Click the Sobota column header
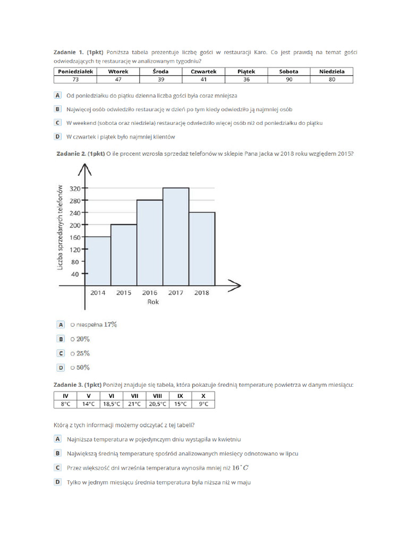click(x=289, y=71)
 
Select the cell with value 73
click(x=75, y=79)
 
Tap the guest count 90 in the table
click(x=289, y=79)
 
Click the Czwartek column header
click(x=203, y=71)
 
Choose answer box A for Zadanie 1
click(x=57, y=96)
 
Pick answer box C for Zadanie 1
click(x=57, y=123)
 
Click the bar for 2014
click(x=98, y=260)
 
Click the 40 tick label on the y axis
click(x=75, y=274)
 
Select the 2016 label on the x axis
click(x=149, y=293)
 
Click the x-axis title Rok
click(x=153, y=302)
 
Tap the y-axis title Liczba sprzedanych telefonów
click(x=60, y=227)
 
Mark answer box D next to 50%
click(x=61, y=368)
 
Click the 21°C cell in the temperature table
click(x=134, y=404)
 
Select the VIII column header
click(x=157, y=396)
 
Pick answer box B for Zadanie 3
click(x=57, y=453)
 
